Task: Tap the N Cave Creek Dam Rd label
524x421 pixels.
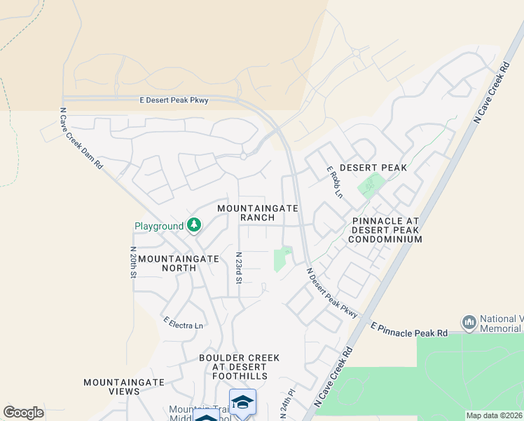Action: tap(81, 138)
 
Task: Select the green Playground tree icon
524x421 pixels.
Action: tap(194, 225)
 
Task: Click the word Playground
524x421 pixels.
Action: tap(159, 226)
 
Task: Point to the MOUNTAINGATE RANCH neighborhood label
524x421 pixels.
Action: tap(258, 213)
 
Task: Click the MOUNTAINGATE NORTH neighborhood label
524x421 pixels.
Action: tap(179, 263)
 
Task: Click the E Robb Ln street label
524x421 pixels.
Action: tap(335, 182)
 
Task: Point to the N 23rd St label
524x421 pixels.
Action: tap(239, 268)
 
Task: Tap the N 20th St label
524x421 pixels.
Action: tap(132, 262)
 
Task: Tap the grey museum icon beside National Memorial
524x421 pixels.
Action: tap(469, 323)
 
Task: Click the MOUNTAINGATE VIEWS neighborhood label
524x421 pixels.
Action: tap(124, 387)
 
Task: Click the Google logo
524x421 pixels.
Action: tap(24, 412)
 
